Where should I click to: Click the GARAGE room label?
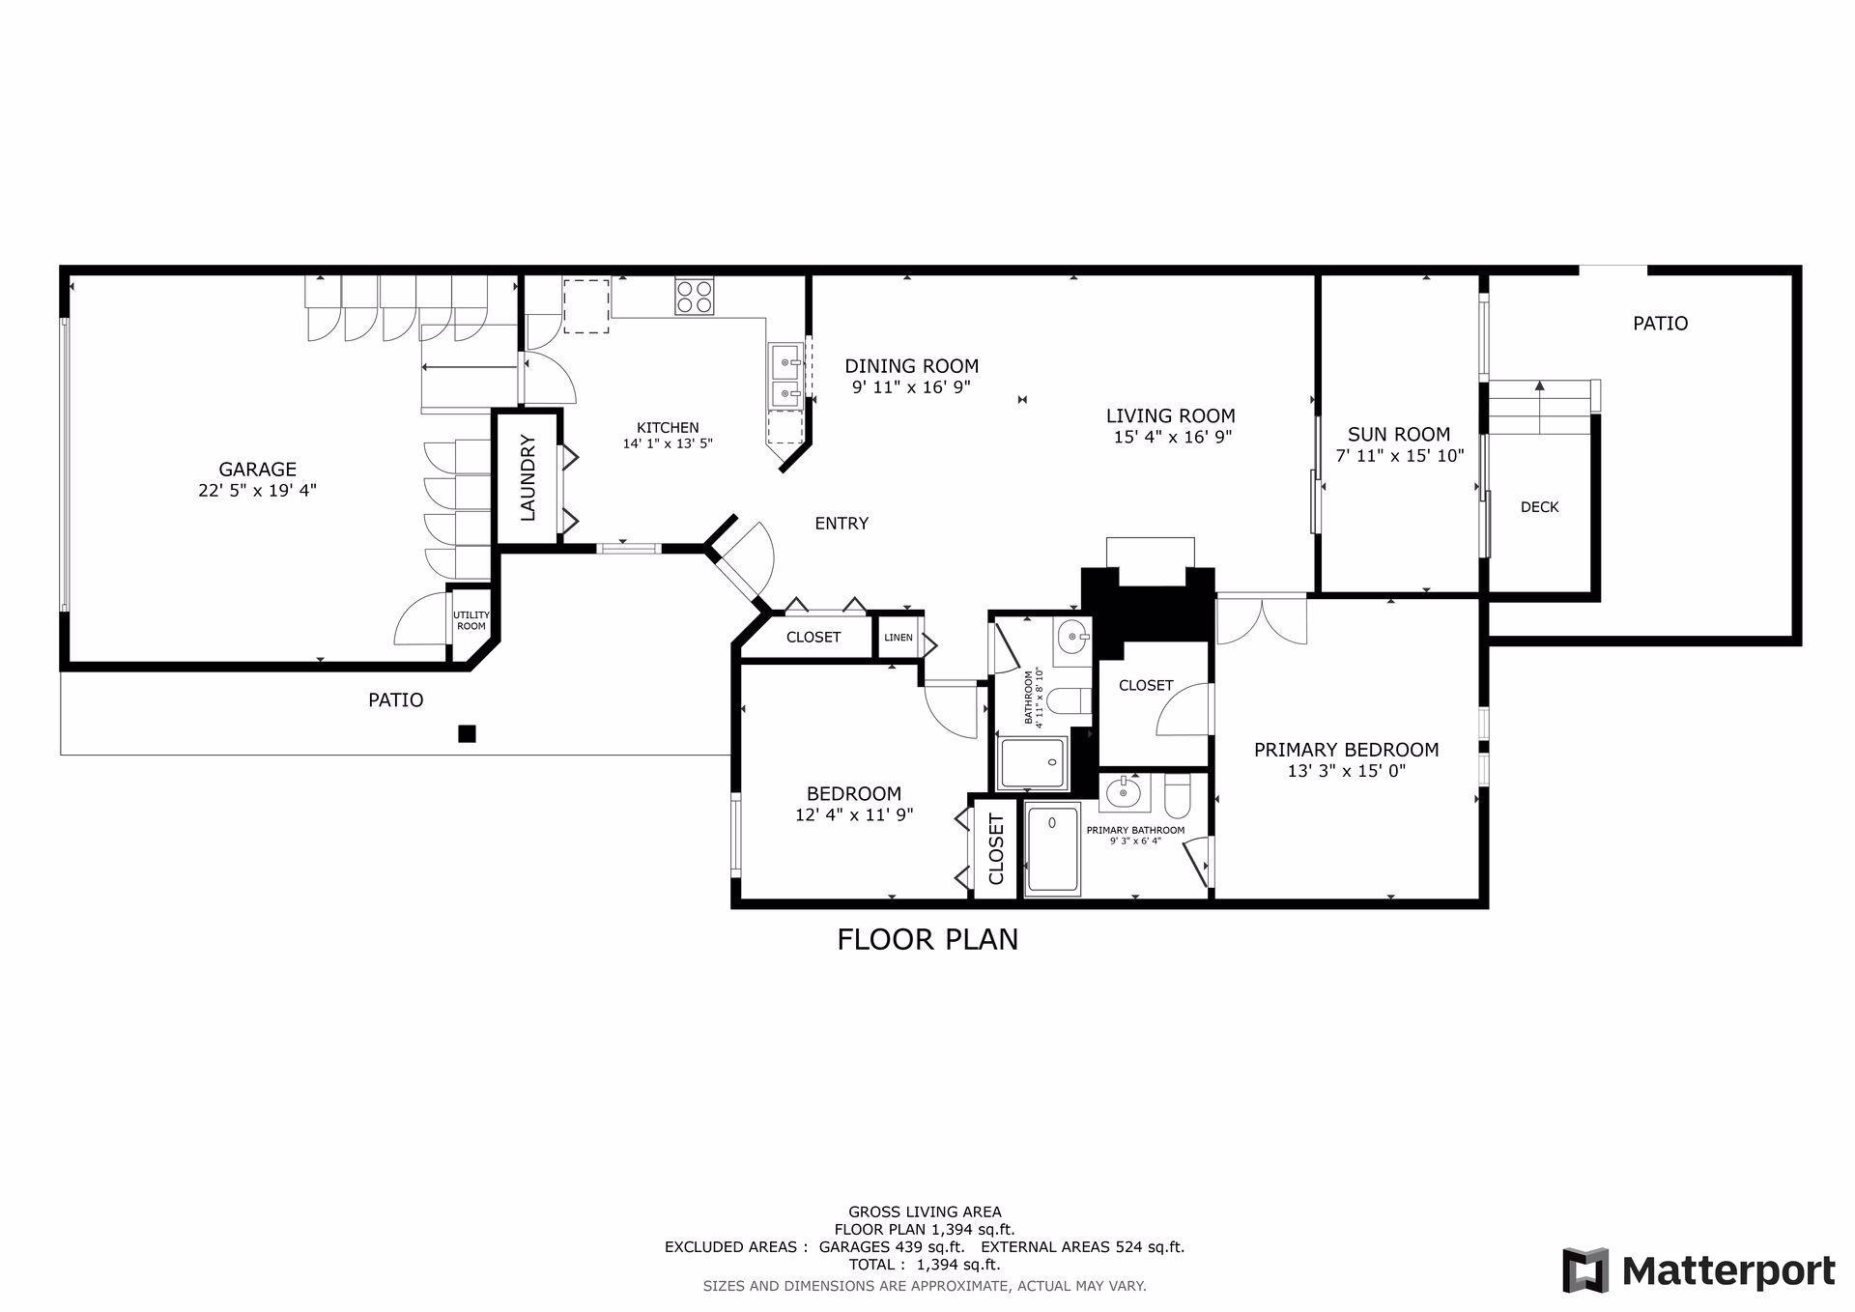(257, 471)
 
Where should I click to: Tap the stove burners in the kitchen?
(694, 296)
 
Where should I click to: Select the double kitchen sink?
(785, 375)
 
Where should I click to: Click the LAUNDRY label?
(528, 478)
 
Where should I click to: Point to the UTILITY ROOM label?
(471, 620)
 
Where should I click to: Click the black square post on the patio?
(467, 734)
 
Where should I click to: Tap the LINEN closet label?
(898, 638)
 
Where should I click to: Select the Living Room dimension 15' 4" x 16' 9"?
(1172, 437)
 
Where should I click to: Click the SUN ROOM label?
(1399, 435)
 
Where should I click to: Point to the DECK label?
(1539, 507)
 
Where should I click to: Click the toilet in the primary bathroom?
(1178, 794)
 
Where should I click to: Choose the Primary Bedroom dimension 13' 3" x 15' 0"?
(1346, 771)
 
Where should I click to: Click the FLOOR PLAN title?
(927, 939)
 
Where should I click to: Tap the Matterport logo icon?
(1585, 1269)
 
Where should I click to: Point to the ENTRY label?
(842, 524)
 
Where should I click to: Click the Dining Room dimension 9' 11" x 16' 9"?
(911, 386)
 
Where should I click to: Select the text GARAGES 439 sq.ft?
(892, 1247)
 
